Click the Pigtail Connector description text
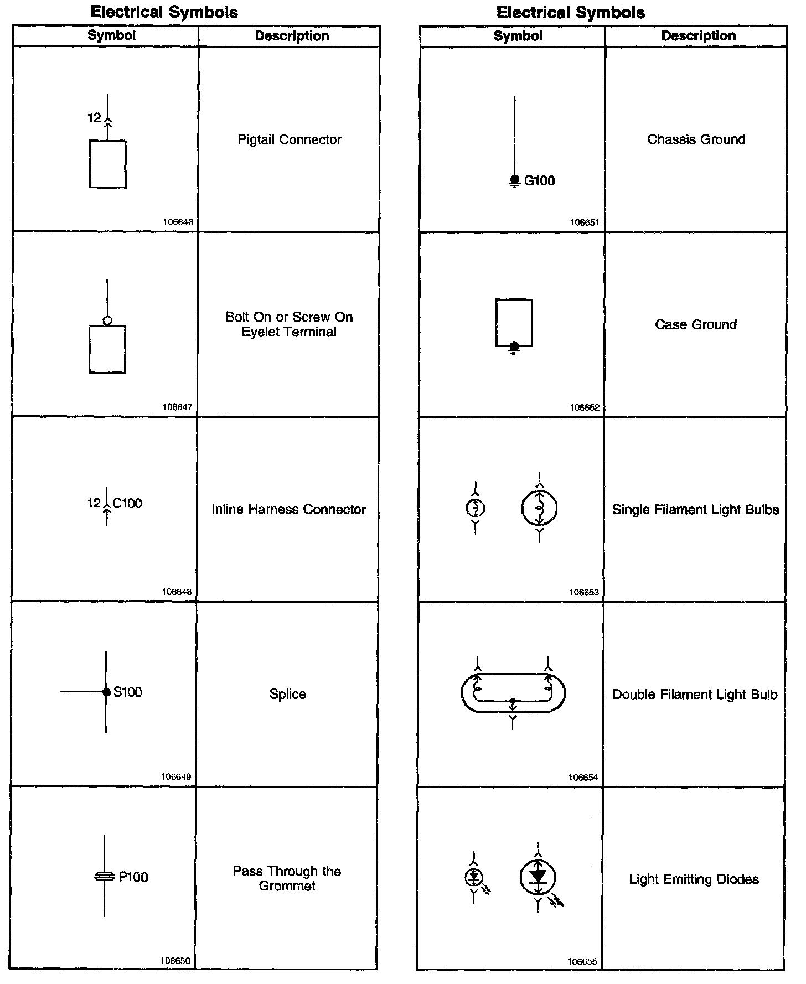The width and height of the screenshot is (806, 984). (x=290, y=139)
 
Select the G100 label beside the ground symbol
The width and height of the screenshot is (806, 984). (x=539, y=181)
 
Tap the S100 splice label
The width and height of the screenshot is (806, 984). (x=128, y=692)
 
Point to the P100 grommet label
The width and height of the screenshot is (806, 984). (x=133, y=877)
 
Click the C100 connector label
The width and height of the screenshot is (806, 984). (x=127, y=503)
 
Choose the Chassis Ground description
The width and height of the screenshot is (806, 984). (x=696, y=139)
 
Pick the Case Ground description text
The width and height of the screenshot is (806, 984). (x=696, y=324)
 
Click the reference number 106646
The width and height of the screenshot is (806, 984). (x=178, y=222)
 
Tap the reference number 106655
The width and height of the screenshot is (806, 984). (x=582, y=962)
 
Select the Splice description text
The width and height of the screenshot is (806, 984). (x=288, y=694)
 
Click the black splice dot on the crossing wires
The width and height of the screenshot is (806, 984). (x=106, y=692)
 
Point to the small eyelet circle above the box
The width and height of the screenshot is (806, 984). (x=107, y=320)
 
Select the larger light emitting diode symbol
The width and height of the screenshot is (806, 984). (x=538, y=877)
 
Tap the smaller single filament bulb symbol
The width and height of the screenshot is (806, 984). (x=476, y=507)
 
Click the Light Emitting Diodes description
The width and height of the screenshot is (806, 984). (x=694, y=879)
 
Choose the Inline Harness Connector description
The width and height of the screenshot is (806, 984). (x=288, y=509)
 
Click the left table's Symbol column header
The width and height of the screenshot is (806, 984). (x=111, y=35)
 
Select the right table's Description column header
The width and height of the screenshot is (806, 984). (x=699, y=36)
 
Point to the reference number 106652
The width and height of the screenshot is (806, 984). (x=585, y=407)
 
